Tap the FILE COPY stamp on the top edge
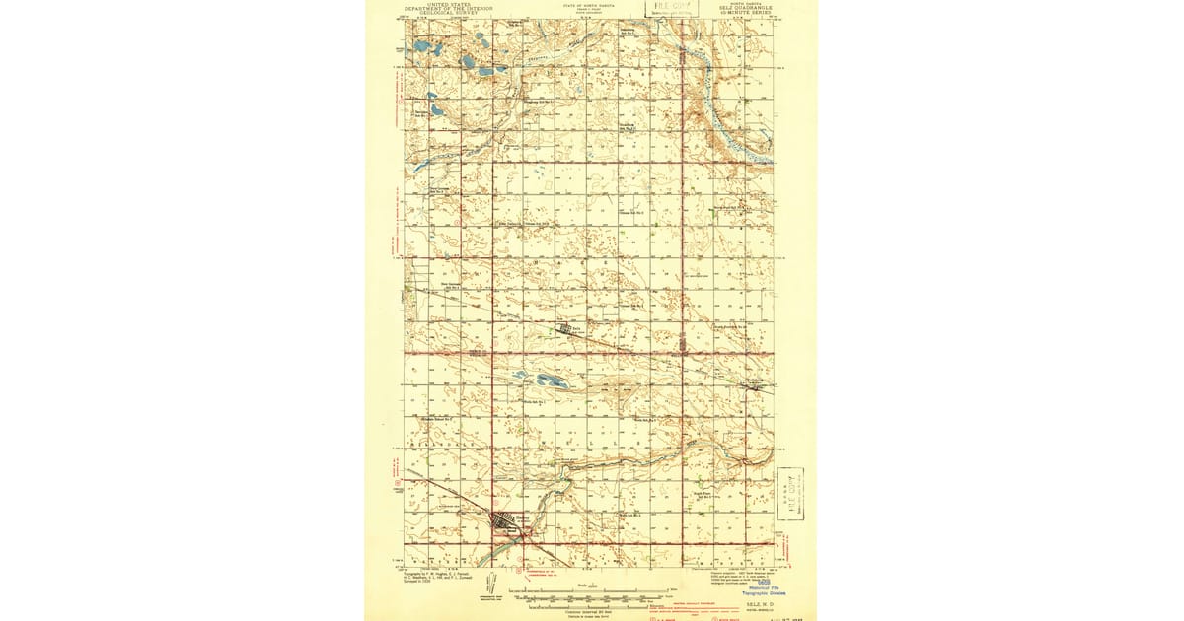(668, 7)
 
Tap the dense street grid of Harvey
(506, 521)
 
